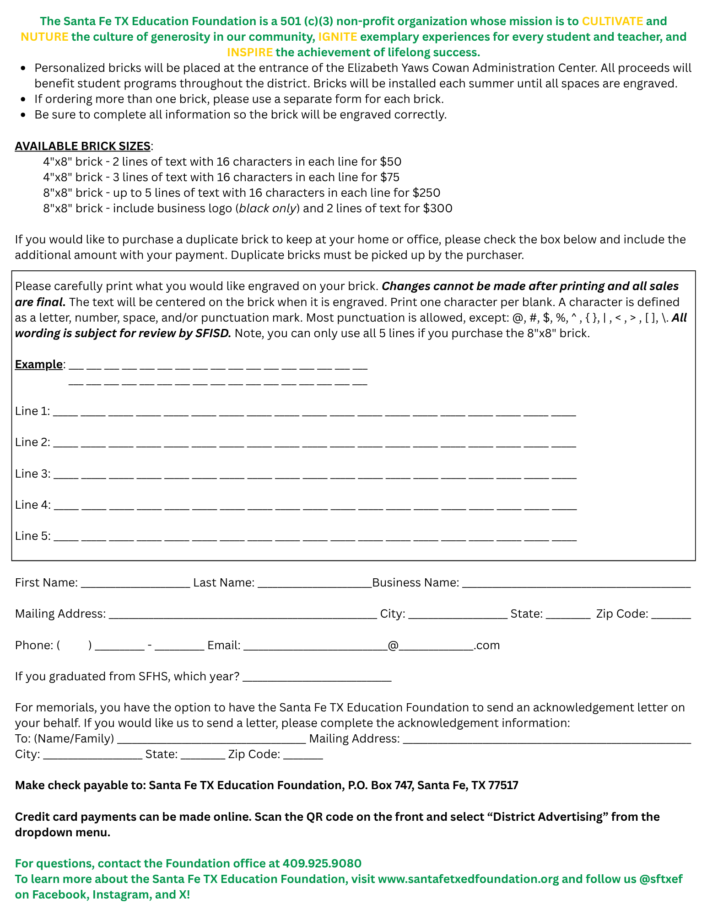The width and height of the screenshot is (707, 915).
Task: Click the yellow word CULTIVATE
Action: (x=612, y=22)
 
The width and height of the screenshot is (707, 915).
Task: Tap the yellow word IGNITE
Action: (x=338, y=37)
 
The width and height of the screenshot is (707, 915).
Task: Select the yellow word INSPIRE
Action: (x=250, y=53)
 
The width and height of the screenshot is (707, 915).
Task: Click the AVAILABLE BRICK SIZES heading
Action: (x=83, y=146)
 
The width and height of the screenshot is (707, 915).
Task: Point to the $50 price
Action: (x=390, y=162)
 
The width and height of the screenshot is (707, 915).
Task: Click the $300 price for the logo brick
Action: (x=437, y=209)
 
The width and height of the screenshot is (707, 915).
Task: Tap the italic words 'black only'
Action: (x=268, y=209)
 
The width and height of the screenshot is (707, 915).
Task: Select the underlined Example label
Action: (x=39, y=365)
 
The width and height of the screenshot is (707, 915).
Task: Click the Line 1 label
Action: (x=32, y=411)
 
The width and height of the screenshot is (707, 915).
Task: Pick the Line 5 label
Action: (x=32, y=536)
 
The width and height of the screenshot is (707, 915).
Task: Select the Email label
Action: (x=224, y=646)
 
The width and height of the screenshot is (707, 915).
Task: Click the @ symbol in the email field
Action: (x=393, y=646)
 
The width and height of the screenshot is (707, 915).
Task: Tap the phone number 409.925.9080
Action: (x=322, y=864)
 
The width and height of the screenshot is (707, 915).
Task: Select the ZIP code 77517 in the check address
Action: (x=503, y=786)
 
